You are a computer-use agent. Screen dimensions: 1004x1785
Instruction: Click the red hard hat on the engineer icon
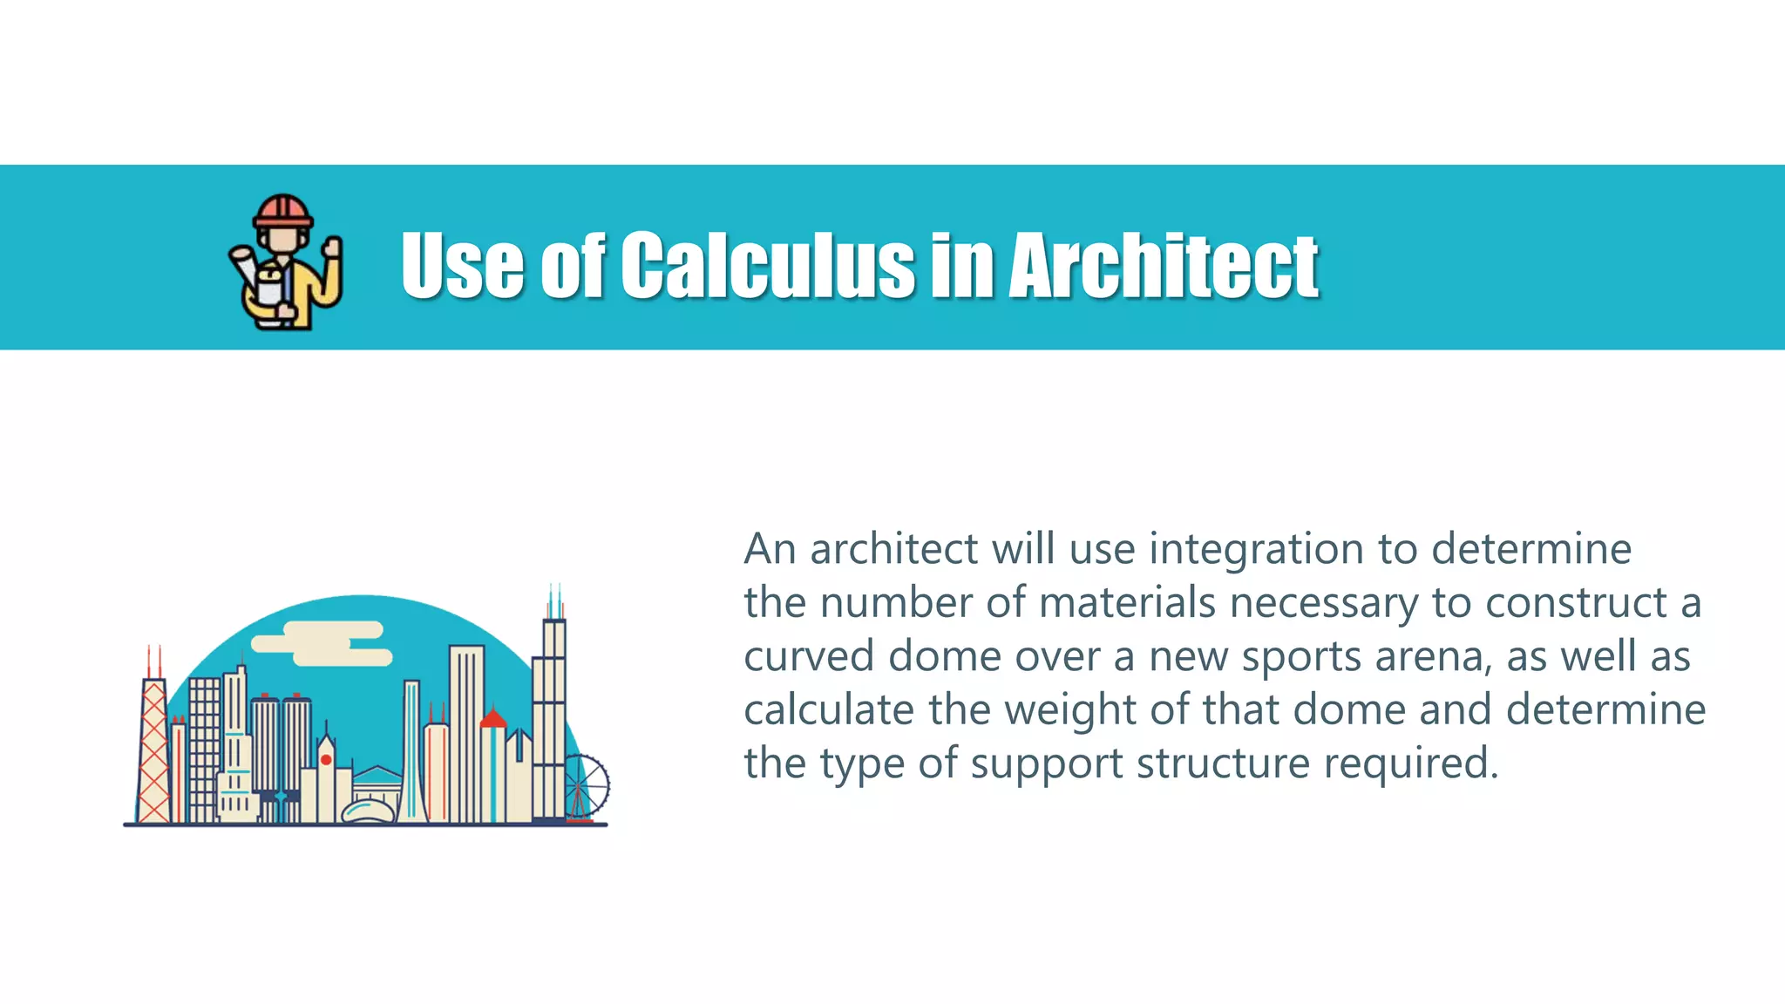click(282, 210)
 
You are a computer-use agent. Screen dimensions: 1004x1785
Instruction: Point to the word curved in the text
click(809, 657)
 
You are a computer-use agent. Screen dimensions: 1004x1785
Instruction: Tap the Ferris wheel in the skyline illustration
click(585, 787)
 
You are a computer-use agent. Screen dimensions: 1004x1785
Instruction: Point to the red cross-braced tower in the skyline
click(154, 750)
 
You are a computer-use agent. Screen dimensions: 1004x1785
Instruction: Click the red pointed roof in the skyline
click(493, 718)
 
